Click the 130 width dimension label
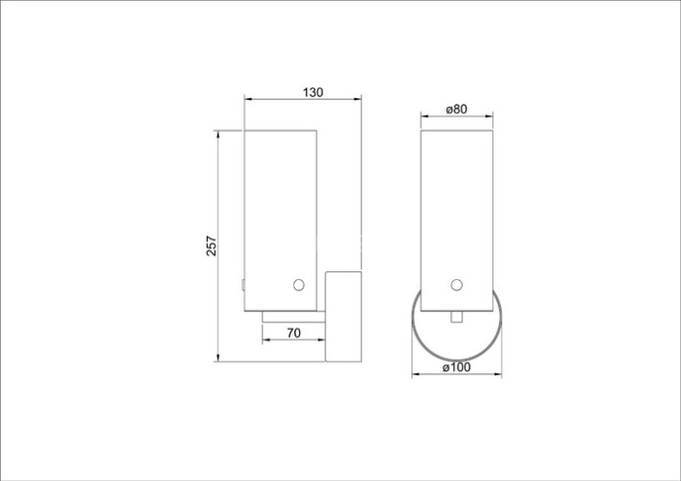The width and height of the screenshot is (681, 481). click(x=313, y=92)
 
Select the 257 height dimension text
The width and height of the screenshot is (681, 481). click(x=212, y=246)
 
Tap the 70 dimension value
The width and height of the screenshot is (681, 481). click(x=294, y=333)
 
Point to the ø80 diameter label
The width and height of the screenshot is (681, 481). click(x=457, y=110)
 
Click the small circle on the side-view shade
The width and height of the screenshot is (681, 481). click(x=298, y=285)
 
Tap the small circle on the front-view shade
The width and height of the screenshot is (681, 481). click(x=457, y=285)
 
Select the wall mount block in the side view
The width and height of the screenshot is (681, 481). click(x=343, y=317)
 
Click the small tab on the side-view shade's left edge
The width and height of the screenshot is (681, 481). click(x=243, y=285)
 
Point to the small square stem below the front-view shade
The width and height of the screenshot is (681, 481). click(x=457, y=316)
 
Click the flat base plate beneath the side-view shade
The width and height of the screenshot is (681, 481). click(x=293, y=316)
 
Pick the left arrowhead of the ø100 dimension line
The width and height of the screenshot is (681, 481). click(x=416, y=374)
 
